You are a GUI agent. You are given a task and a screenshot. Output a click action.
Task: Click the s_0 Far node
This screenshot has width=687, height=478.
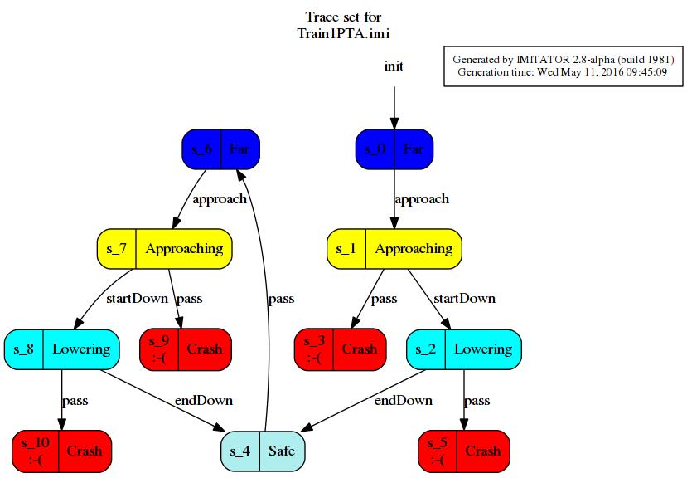point(394,149)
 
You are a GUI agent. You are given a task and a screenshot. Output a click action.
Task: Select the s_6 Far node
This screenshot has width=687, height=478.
point(220,149)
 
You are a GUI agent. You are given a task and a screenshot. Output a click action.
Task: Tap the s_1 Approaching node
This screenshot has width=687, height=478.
point(394,249)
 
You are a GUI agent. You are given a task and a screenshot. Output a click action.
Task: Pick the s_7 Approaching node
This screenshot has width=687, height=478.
point(164,249)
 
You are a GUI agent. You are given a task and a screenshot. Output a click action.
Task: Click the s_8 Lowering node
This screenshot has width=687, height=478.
point(62,349)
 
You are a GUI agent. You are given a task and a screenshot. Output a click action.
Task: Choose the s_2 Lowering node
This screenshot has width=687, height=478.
point(464,349)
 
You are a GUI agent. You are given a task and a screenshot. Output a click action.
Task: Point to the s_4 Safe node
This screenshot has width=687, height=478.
point(263,451)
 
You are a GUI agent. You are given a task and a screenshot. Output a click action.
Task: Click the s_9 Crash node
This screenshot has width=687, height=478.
point(186,349)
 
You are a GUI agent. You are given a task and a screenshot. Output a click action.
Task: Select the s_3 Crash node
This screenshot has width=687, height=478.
point(341,349)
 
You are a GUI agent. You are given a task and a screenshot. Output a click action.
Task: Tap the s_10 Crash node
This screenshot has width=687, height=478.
point(62,451)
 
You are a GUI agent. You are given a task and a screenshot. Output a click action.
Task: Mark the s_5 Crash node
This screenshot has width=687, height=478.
point(464,451)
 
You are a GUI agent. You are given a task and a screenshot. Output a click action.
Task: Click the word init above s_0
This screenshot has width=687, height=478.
point(394,66)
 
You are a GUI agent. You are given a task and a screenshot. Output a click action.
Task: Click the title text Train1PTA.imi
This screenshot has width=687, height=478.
point(343,33)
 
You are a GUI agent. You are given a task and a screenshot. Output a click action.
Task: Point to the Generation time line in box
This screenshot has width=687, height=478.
point(563,71)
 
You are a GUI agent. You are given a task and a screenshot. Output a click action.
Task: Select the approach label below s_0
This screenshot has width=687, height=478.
point(422,199)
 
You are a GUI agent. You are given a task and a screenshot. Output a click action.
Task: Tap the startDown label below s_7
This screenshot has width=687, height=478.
point(137,299)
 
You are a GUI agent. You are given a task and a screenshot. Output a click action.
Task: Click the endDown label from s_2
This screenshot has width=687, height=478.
point(403,400)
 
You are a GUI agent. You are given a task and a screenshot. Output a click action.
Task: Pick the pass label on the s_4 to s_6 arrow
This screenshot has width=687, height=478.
point(281,299)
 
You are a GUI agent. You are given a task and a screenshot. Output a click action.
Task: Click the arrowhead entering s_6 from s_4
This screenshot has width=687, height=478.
point(241,175)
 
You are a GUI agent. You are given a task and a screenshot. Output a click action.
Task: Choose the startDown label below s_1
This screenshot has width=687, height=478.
point(464,299)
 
